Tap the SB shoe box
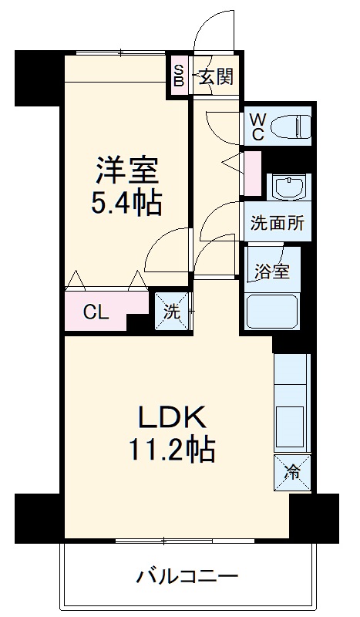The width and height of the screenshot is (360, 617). pos(178,76)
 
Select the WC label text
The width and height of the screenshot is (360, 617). pos(257,126)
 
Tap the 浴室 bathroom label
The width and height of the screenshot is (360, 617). pos(272,271)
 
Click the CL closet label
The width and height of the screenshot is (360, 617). pos(96,312)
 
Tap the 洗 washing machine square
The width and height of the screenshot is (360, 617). pos(171,312)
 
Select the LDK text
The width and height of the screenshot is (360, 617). pos(171,417)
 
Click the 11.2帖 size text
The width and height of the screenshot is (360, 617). pos(171,449)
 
